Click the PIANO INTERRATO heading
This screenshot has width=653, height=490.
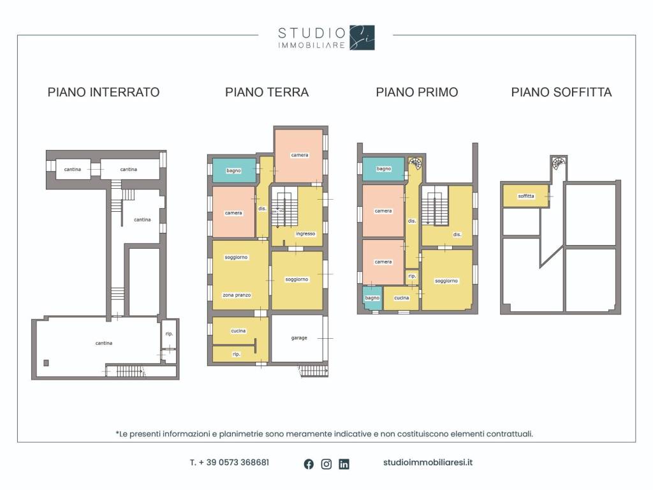coord(103,93)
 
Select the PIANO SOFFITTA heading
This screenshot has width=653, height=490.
coord(561,93)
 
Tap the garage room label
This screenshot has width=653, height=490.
coord(299,338)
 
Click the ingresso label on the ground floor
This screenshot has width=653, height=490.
coord(305,234)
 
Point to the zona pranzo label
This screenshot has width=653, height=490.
coord(236,295)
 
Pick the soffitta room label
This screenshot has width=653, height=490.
coord(526,197)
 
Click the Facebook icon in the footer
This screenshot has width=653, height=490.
coord(309,464)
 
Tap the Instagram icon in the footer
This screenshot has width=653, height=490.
coord(326,464)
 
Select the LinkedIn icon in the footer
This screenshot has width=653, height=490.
coord(344,464)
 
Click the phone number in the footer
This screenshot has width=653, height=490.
coord(229,463)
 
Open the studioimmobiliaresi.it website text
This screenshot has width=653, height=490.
coord(428,463)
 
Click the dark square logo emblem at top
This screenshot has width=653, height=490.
coord(362,38)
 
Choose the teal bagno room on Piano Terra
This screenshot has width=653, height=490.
coord(233,171)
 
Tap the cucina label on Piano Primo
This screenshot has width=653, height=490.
coord(401,298)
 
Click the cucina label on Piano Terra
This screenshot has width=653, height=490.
coord(238,331)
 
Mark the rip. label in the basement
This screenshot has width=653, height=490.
coord(168,334)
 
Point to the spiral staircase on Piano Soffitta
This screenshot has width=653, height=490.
coord(559,163)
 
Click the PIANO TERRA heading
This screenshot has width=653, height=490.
coord(267,93)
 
